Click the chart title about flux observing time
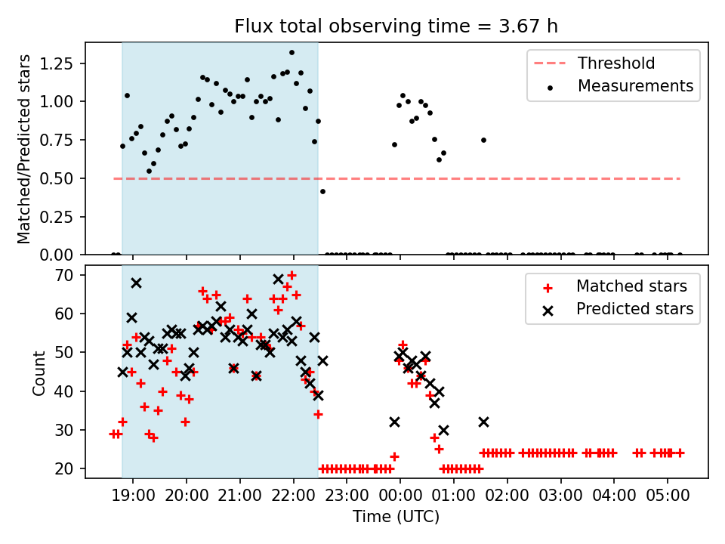pyautogui.click(x=396, y=26)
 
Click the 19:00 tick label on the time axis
pyautogui.click(x=133, y=496)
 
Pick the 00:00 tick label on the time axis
pyautogui.click(x=400, y=496)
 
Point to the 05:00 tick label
pyautogui.click(x=667, y=496)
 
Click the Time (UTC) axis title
pyautogui.click(x=396, y=517)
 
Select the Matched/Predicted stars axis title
pyautogui.click(x=24, y=149)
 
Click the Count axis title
pyautogui.click(x=39, y=372)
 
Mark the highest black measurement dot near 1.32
pyautogui.click(x=292, y=53)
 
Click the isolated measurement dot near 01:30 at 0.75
pyautogui.click(x=483, y=140)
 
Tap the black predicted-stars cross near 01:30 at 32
pyautogui.click(x=483, y=422)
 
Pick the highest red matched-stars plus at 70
pyautogui.click(x=292, y=275)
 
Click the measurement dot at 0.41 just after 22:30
pyautogui.click(x=322, y=191)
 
